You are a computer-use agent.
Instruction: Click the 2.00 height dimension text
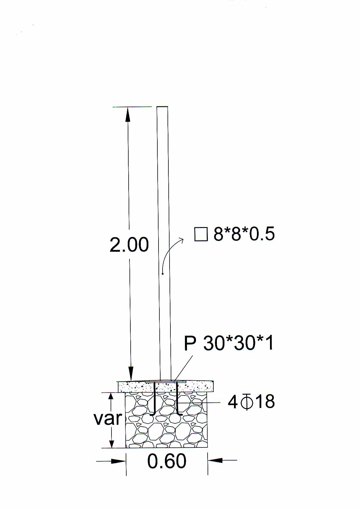129,245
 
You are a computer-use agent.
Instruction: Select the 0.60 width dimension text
167,461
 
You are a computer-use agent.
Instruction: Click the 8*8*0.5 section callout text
244,234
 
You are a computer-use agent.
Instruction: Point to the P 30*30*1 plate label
229,343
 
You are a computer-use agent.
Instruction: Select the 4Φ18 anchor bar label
251,402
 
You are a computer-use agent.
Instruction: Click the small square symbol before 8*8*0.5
201,234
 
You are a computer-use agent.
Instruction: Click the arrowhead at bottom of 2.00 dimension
131,374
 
